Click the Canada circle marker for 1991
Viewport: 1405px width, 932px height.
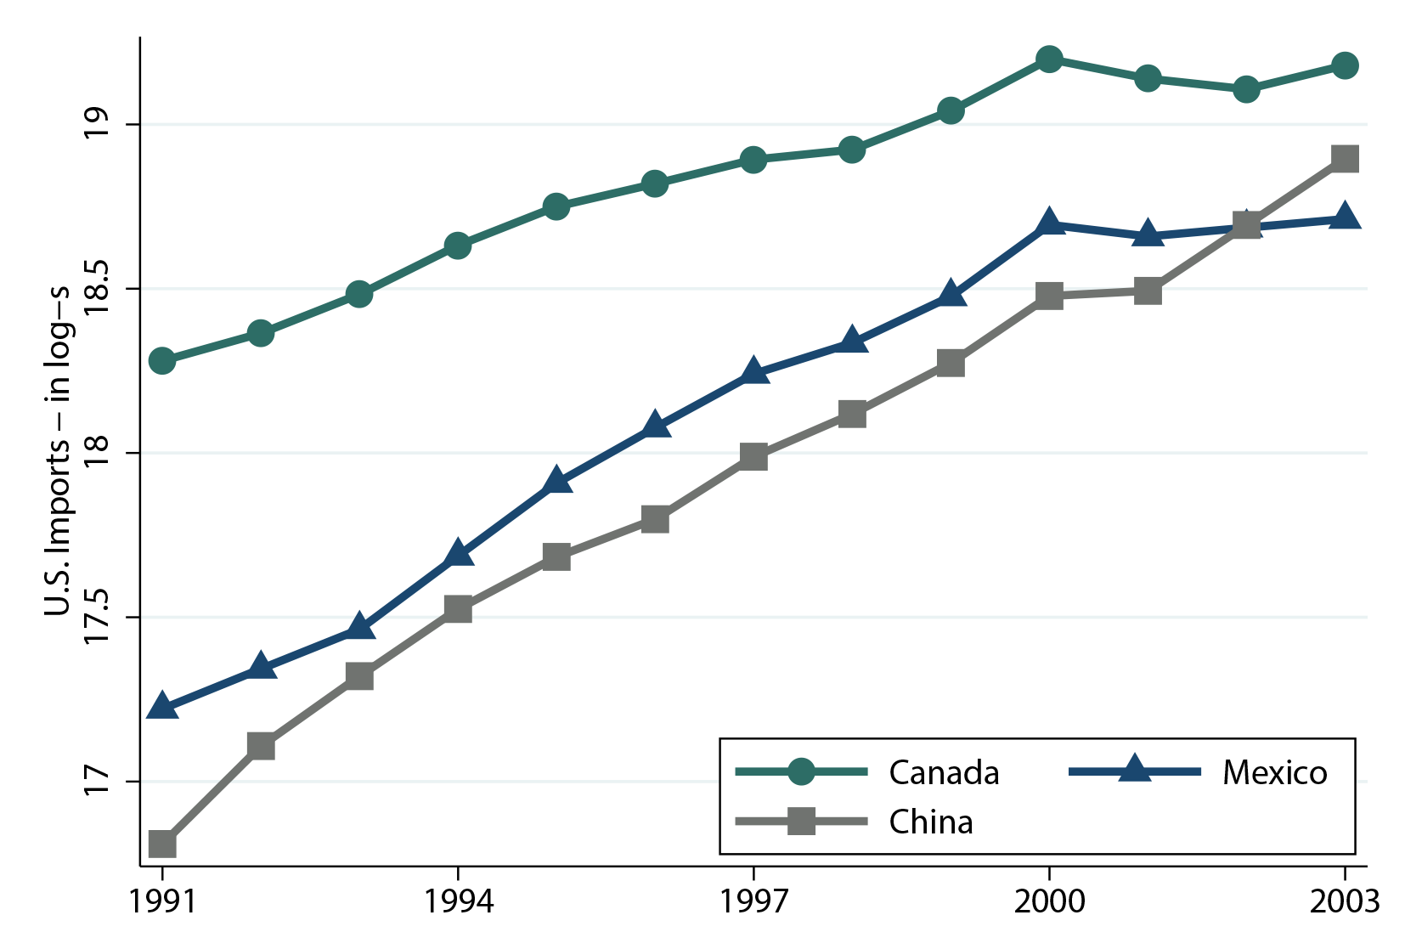point(162,361)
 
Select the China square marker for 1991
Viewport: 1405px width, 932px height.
point(162,844)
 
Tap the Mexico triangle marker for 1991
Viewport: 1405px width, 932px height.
point(162,707)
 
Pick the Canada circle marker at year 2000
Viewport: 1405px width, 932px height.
point(1049,59)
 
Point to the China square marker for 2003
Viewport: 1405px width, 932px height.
point(1345,159)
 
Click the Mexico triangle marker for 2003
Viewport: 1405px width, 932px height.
point(1345,216)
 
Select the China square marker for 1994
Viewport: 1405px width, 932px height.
point(458,609)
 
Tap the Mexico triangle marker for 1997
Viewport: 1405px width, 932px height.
point(753,372)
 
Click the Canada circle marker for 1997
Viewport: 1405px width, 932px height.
point(753,160)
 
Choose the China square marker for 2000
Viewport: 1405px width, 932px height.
point(1049,297)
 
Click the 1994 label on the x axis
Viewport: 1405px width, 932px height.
point(459,901)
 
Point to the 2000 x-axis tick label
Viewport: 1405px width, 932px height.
point(1049,901)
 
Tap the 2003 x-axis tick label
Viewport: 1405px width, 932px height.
point(1344,901)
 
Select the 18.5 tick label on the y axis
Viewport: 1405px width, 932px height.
point(98,289)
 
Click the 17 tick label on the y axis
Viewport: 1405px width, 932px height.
point(98,782)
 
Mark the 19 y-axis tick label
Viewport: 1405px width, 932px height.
point(98,125)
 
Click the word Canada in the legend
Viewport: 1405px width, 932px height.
point(944,773)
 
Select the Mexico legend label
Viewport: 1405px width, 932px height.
point(1274,773)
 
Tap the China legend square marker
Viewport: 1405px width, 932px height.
point(801,822)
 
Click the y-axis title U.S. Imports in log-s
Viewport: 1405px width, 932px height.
point(58,452)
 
